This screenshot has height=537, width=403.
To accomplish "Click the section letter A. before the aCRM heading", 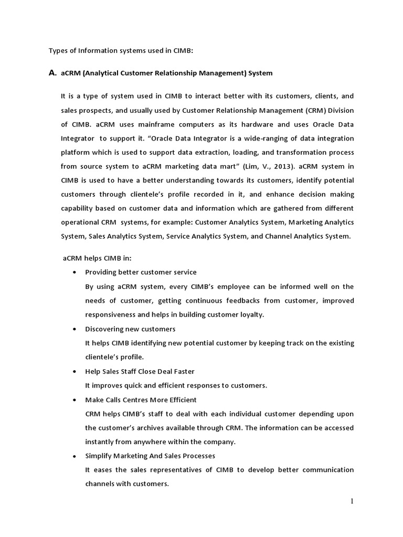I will [52, 73].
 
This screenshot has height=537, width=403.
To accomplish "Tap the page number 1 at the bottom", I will [352, 501].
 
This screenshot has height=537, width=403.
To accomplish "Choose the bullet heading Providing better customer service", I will [141, 272].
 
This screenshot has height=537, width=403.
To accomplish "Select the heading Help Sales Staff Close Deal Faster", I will [140, 371].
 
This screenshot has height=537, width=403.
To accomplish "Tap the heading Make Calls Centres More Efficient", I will [141, 400].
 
